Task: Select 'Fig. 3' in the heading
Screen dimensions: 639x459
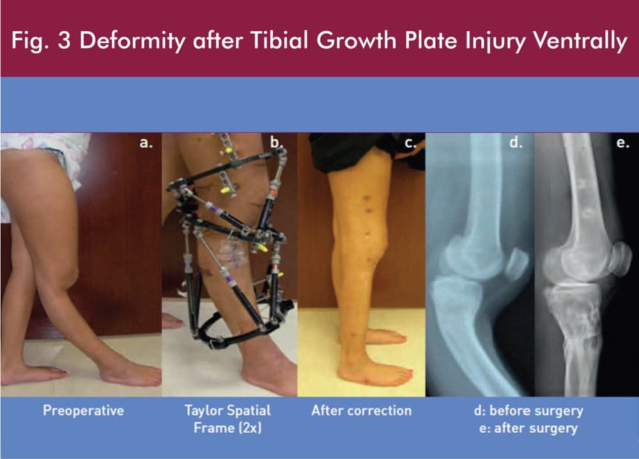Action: point(41,41)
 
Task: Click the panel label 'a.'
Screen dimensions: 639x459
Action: point(146,142)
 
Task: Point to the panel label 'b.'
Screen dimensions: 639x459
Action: point(277,142)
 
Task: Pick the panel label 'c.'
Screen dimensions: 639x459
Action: point(410,143)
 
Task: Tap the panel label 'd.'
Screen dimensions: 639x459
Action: point(516,142)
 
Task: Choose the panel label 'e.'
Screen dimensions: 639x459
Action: point(622,143)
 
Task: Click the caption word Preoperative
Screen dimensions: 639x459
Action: point(84,410)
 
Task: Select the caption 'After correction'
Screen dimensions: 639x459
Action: point(362,410)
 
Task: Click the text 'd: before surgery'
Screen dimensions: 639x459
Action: point(528,411)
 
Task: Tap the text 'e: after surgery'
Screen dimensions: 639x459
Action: point(528,428)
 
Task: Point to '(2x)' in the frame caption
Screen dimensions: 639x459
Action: point(249,428)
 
